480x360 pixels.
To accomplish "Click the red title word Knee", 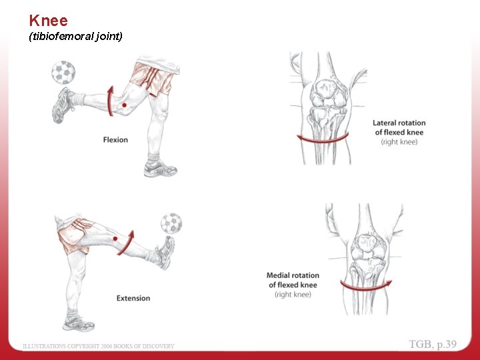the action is tap(49, 21).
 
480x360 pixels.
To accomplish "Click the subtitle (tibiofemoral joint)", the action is tap(75, 37).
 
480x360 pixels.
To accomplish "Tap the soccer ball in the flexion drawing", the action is tap(63, 73).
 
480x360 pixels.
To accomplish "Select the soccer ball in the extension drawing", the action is tap(171, 223).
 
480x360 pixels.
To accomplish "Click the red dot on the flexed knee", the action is tap(124, 105).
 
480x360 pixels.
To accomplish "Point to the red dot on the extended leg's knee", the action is tap(115, 239).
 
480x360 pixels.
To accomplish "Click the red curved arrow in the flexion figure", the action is tap(110, 101).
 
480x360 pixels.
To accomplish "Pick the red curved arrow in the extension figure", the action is tap(127, 244).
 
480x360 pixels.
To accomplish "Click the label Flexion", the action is tap(115, 140).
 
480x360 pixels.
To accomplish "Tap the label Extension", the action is tap(133, 298).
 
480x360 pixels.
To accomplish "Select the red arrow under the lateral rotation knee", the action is tap(323, 139).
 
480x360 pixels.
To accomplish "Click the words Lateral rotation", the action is tap(399, 123).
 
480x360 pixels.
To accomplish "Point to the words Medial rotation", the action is tap(293, 275).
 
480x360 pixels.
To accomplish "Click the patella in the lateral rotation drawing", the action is tap(325, 89).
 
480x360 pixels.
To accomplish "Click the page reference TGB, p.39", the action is tap(433, 344).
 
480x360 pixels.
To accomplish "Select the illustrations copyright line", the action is tap(98, 346).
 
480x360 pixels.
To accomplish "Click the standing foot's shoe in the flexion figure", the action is tap(160, 169).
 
